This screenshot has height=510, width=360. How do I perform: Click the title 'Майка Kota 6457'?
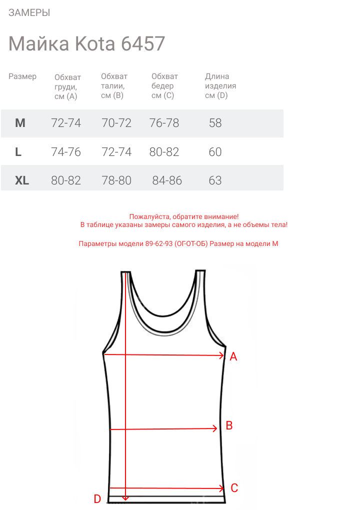pos(86,44)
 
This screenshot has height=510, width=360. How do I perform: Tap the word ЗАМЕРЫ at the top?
pos(29,13)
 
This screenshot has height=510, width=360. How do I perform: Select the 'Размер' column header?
pos(22,76)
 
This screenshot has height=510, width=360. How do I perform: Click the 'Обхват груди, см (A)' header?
pos(67,86)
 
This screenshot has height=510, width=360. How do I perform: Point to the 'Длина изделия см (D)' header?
pos(220,86)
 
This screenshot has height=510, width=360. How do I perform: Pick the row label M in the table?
pos(20,123)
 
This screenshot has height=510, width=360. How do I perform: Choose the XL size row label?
pos(22,180)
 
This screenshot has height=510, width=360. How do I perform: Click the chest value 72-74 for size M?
pos(66,123)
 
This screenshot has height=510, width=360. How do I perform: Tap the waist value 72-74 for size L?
pos(116,152)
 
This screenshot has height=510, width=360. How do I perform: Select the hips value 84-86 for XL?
pos(167,180)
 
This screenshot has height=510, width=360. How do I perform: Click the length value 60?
pos(215,152)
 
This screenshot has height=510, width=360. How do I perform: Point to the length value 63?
pos(215,180)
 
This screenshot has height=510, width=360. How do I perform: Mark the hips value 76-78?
pos(164,123)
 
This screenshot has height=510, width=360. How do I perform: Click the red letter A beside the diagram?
pos(233,357)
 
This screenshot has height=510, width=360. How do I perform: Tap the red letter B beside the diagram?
pos(229,425)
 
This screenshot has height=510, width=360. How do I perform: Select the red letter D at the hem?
pos(97,498)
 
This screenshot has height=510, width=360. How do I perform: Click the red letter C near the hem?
pos(234,488)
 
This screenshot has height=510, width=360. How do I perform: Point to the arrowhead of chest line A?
pos(221,355)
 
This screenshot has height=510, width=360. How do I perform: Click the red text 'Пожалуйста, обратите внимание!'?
pos(184,217)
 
